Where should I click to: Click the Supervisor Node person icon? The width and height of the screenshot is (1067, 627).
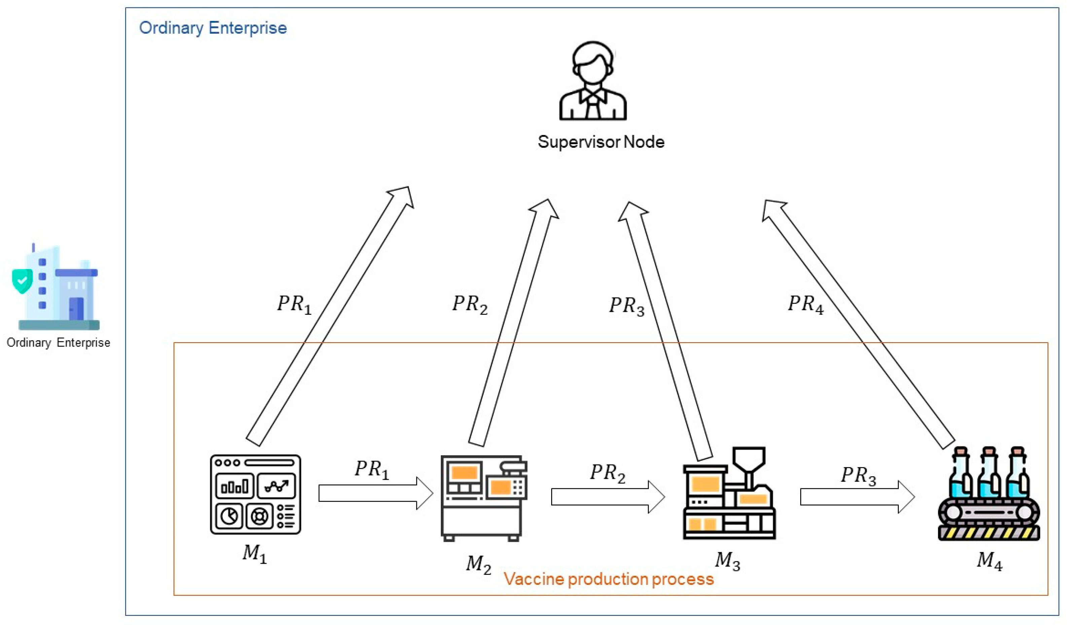coord(593,80)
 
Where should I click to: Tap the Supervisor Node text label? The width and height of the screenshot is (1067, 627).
coord(601,142)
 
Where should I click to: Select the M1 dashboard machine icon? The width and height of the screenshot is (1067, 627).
coord(255,494)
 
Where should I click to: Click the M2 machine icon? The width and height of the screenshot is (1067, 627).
coord(484,498)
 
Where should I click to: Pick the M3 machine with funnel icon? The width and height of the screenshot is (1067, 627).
coord(729,493)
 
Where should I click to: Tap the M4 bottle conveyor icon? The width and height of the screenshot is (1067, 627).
coord(989,494)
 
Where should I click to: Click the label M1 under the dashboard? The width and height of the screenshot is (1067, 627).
coord(254,554)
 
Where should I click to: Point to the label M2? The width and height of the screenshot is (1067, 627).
coord(478,565)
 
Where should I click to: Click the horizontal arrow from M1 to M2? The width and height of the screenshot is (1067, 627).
coord(376,493)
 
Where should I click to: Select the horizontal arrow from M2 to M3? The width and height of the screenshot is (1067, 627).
coord(608,497)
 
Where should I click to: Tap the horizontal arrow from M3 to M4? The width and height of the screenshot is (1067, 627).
coord(858,497)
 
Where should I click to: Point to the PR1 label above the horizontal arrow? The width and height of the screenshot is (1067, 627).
coord(372,469)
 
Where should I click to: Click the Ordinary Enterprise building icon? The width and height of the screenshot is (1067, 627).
coord(56,286)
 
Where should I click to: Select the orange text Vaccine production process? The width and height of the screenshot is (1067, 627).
coord(609,579)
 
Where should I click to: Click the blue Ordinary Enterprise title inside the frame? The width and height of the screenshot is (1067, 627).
coord(213,28)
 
